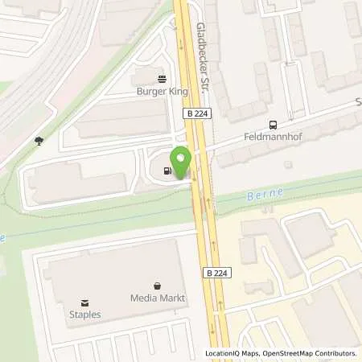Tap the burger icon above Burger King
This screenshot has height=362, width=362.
(x=161, y=79)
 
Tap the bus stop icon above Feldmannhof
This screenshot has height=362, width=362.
(x=274, y=125)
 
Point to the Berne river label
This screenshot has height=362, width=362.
(x=263, y=195)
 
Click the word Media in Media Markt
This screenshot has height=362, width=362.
(x=144, y=298)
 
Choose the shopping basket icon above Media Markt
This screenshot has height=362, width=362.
(x=158, y=286)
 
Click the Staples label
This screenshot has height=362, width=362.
(x=85, y=315)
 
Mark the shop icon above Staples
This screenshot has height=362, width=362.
(x=85, y=302)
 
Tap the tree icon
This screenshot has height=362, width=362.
(x=39, y=142)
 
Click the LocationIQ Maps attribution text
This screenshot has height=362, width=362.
(x=232, y=353)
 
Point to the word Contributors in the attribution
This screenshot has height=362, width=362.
(x=336, y=353)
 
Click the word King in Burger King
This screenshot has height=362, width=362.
(x=176, y=92)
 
